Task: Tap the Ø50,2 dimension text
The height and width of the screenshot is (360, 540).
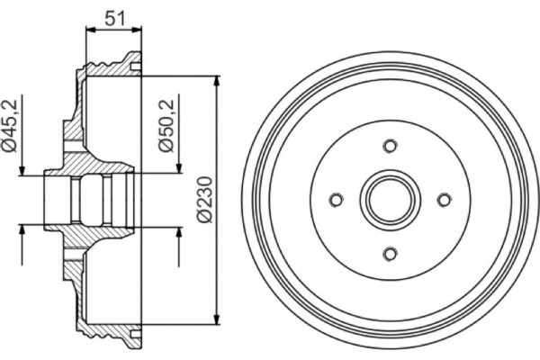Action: [166, 125]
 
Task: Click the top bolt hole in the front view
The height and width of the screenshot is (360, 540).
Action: [389, 146]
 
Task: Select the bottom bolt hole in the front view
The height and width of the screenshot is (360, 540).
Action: [389, 253]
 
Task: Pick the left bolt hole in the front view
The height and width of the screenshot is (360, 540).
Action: [336, 200]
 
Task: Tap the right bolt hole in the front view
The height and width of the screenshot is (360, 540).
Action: [443, 200]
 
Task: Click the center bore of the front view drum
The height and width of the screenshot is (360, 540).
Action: [389, 200]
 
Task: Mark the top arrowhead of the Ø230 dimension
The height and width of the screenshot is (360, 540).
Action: [218, 82]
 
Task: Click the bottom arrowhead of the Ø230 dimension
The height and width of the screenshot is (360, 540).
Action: [218, 317]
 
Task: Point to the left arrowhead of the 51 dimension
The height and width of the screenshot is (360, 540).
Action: [89, 30]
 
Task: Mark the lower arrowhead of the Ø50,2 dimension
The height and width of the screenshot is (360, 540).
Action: [179, 236]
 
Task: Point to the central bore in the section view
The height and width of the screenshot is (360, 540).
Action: [90, 200]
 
